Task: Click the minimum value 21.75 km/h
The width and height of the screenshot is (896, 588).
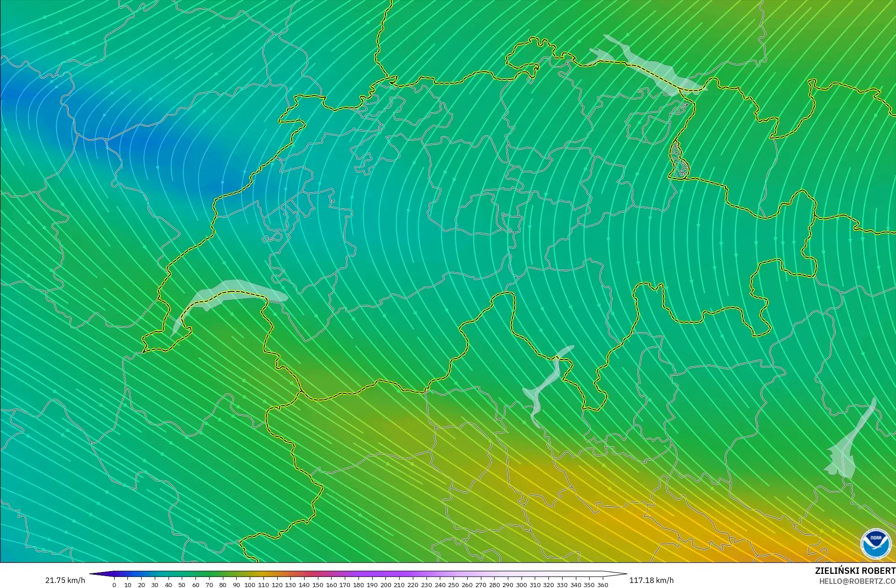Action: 65,580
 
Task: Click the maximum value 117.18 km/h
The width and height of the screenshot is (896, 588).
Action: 651,580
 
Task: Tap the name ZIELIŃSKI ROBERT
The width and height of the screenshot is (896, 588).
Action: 855,571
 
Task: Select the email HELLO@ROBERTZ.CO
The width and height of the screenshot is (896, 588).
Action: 857,581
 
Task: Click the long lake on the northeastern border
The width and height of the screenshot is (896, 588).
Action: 648,64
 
